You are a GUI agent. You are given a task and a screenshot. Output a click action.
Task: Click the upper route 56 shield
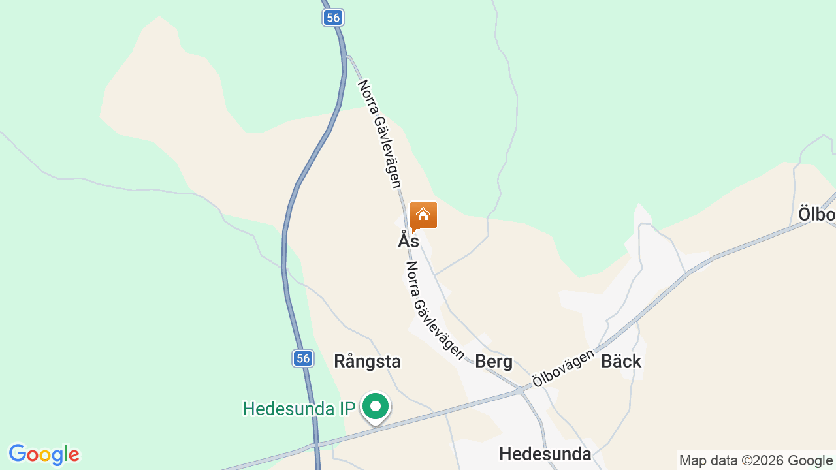333,18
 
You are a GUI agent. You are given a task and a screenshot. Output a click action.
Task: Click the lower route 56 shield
302,358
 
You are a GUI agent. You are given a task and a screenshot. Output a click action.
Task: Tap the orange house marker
423,215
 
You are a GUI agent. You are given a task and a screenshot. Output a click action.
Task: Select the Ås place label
408,240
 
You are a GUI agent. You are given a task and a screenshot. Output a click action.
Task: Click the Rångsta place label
367,361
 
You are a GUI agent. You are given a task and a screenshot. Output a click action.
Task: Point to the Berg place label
494,361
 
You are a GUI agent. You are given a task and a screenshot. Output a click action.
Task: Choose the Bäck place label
621,361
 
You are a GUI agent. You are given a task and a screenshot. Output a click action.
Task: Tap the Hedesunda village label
545,454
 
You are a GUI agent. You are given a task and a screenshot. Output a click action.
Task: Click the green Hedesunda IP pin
376,407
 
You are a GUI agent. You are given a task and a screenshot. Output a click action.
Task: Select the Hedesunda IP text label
298,409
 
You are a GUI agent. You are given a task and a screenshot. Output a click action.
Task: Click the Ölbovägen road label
563,368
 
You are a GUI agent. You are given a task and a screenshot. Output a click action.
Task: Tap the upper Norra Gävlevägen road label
379,134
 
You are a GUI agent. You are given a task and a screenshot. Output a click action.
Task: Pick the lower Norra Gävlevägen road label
434,311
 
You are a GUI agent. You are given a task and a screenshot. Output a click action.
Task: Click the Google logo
44,454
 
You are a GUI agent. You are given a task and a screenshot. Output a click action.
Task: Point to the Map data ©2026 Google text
756,460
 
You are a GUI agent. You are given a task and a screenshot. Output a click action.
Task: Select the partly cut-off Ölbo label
817,214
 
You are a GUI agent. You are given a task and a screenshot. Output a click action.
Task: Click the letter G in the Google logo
18,454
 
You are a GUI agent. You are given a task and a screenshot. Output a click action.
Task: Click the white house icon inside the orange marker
423,213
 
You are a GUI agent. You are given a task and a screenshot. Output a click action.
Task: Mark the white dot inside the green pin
376,407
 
